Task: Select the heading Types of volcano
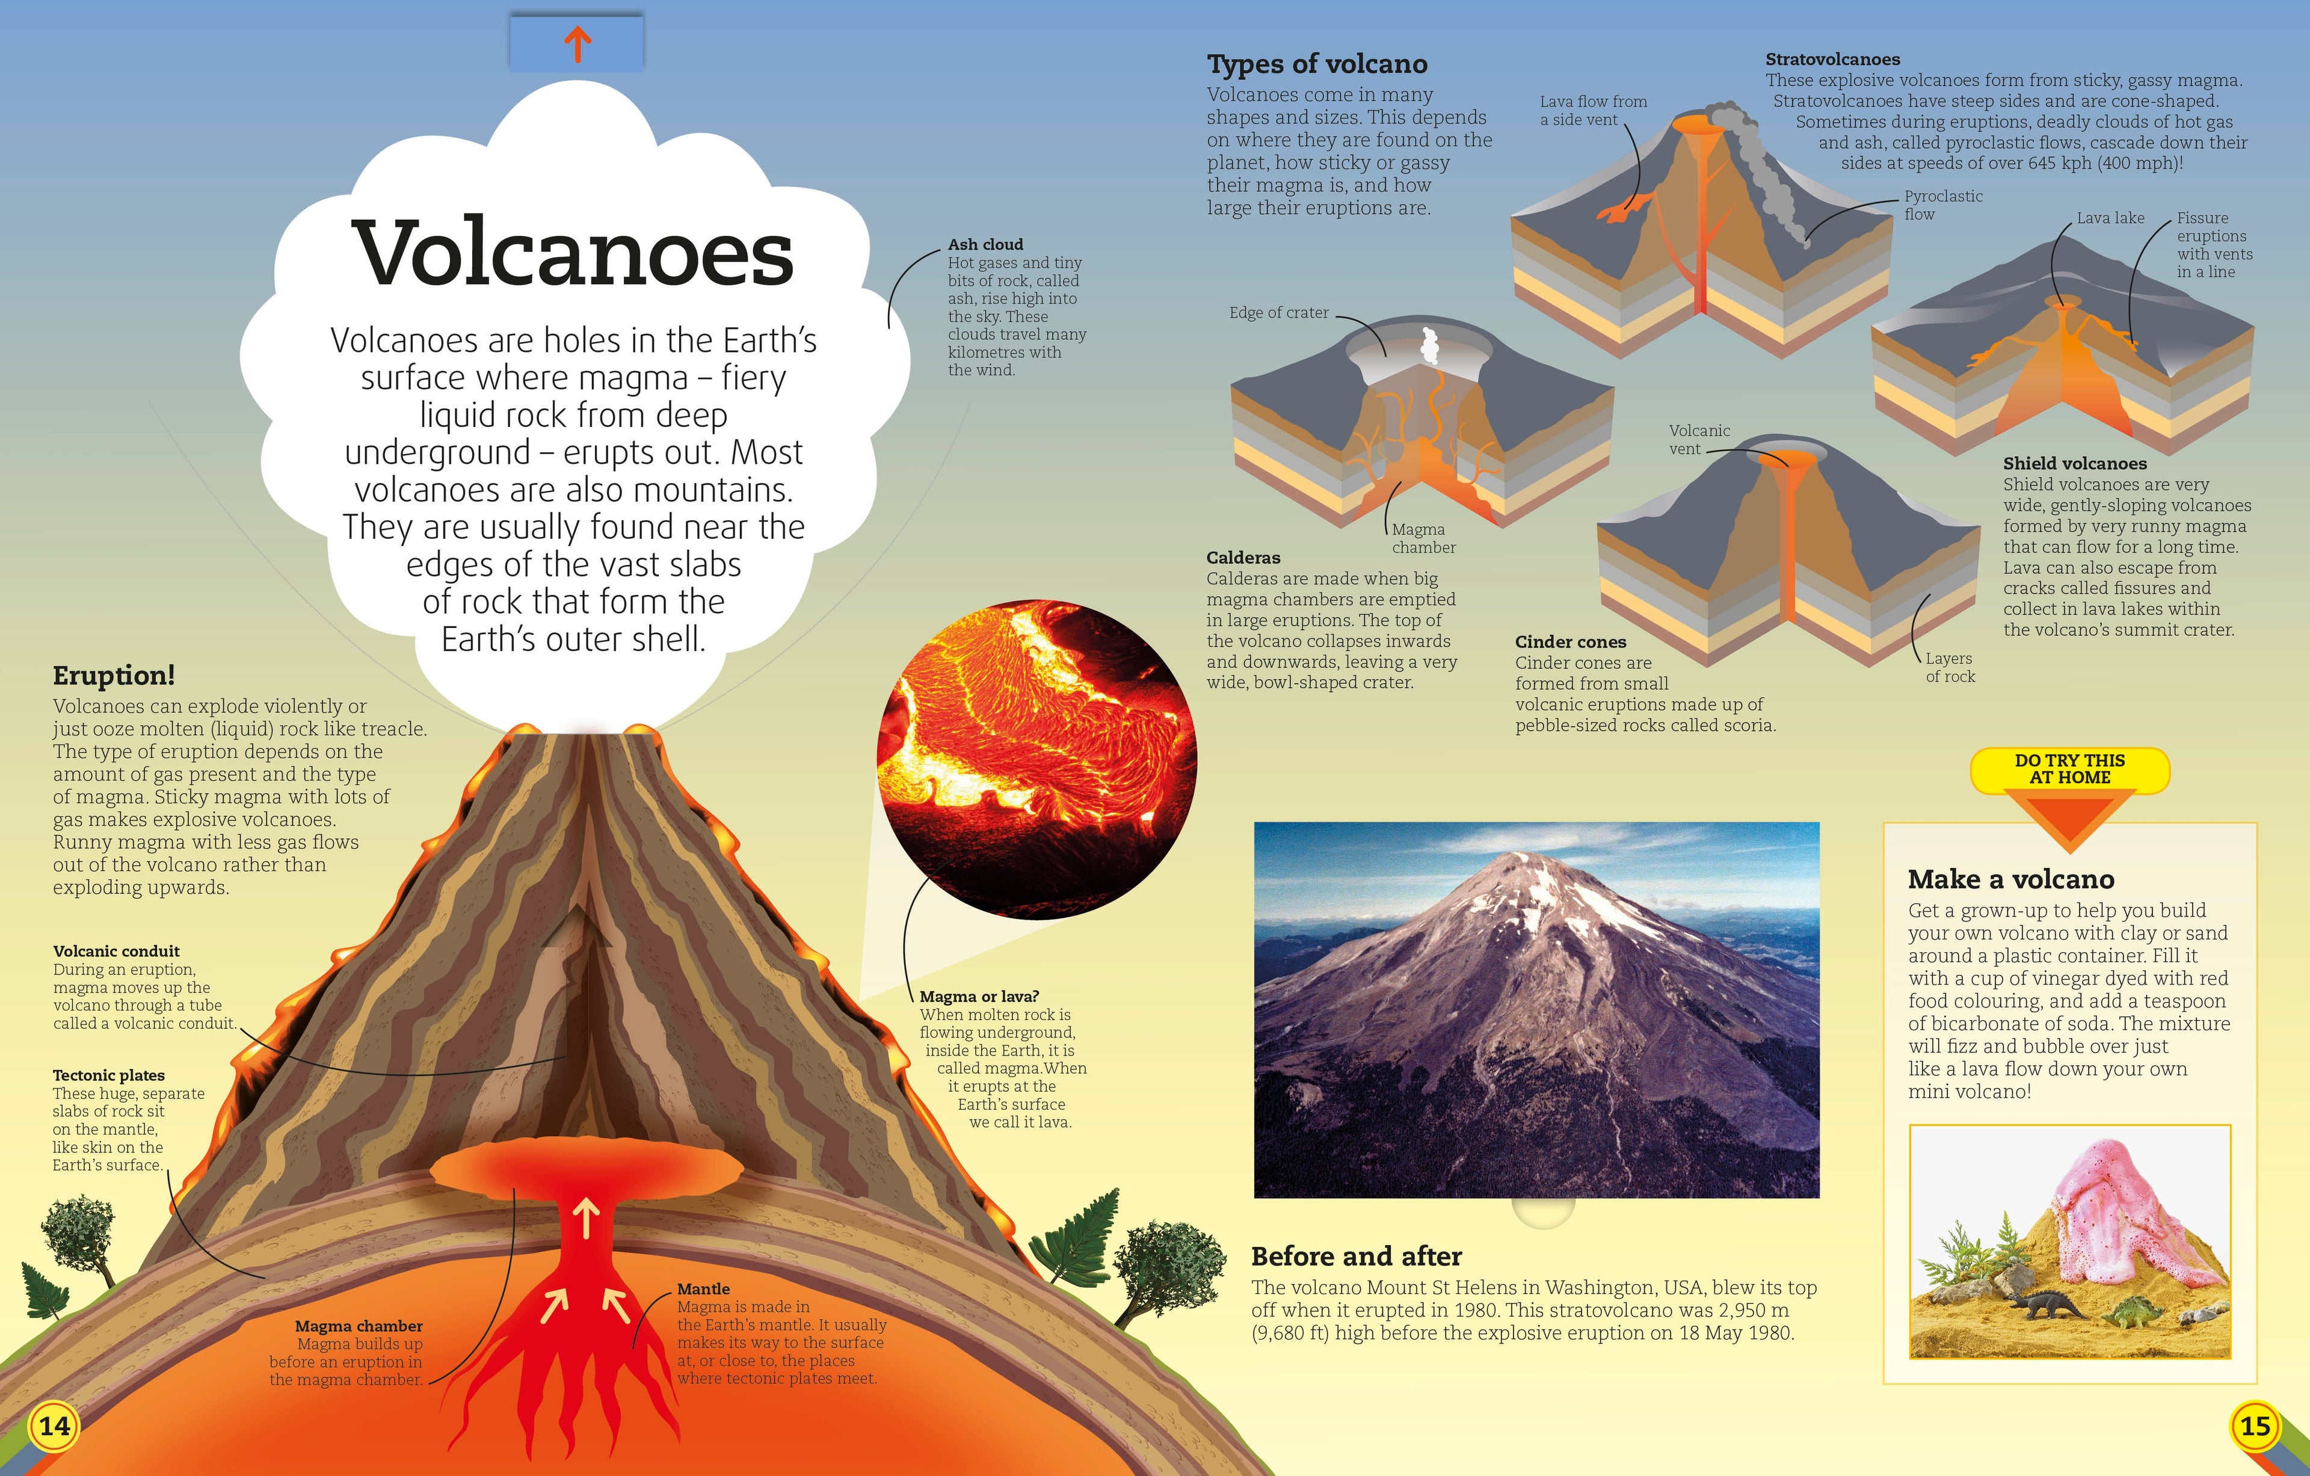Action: pos(1317,64)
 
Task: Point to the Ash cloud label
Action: pos(985,245)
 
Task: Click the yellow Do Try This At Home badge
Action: pos(2069,769)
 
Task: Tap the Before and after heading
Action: pos(1357,1256)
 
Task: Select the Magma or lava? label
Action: pos(979,997)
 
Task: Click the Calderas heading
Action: pos(1243,557)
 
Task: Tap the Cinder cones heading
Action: pos(1570,642)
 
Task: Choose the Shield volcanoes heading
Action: pos(2075,463)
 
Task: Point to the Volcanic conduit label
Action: pos(116,952)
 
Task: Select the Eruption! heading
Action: pos(114,675)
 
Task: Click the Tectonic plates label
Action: pos(108,1075)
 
